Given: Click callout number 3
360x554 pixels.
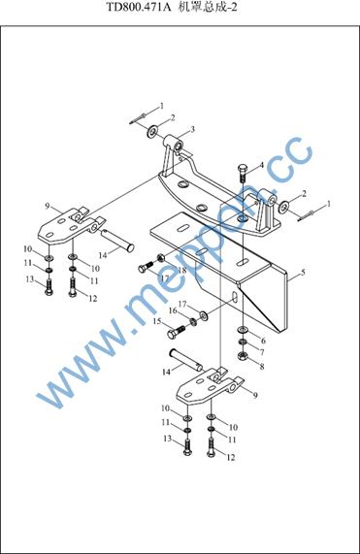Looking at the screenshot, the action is coord(192,129).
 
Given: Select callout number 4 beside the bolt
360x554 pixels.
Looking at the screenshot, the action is coord(262,165).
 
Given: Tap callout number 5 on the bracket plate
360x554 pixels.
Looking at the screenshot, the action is coord(303,273).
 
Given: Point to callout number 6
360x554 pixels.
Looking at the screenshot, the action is coord(263,341).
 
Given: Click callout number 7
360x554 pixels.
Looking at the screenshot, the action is coord(262,352).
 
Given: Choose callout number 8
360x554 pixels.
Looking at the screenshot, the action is coord(262,367).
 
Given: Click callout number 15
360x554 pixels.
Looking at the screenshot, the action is coord(157,321).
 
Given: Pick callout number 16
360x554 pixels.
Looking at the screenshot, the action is coord(173,310).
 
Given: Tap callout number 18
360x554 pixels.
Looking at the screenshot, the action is coord(182,271).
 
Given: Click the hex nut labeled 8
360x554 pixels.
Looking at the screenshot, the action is coord(242,356).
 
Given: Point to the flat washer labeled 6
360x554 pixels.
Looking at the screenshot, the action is coord(243,330).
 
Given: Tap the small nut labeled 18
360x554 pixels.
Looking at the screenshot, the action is coord(160,258).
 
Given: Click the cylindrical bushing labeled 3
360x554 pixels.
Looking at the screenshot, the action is coord(174,144).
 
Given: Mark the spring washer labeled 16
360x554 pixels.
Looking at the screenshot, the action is coord(193,321).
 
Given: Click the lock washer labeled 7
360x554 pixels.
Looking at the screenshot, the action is coord(242,342).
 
